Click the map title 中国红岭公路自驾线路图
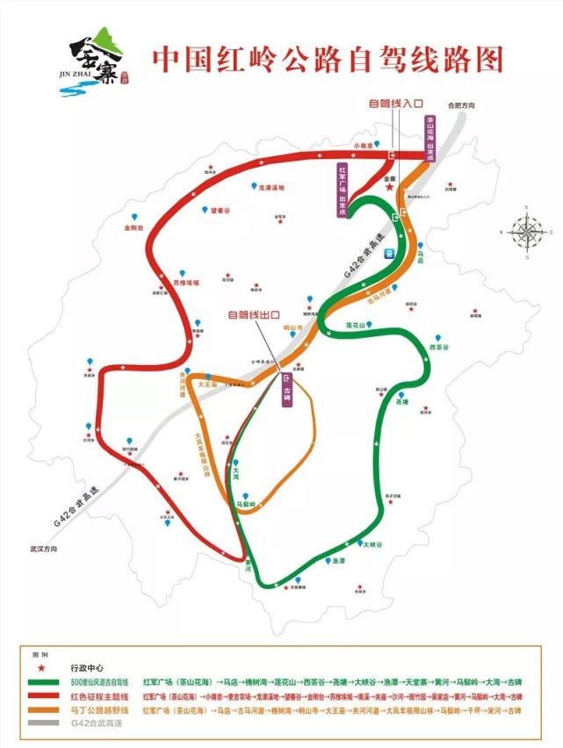click(328, 60)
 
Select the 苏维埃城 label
click(186, 283)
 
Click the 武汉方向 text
click(40, 548)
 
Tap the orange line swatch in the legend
click(49, 710)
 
